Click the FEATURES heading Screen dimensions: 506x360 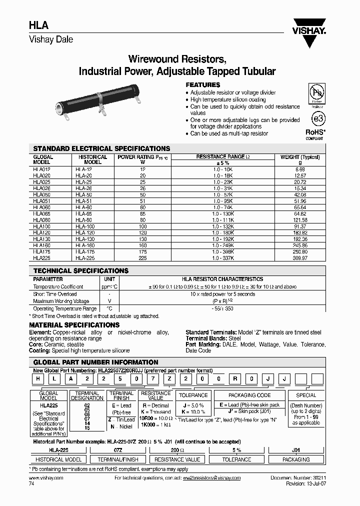[x=203, y=85]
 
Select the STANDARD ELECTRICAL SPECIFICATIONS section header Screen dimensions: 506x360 [x=101, y=148]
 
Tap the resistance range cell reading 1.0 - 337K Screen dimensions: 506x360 [x=223, y=258]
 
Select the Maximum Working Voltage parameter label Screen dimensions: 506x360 [x=61, y=301]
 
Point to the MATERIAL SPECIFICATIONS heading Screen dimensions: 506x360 [x=74, y=325]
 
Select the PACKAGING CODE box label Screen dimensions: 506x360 [x=249, y=395]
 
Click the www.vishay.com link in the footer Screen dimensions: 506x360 [x=43, y=478]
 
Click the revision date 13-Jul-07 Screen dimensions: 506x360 [x=313, y=484]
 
